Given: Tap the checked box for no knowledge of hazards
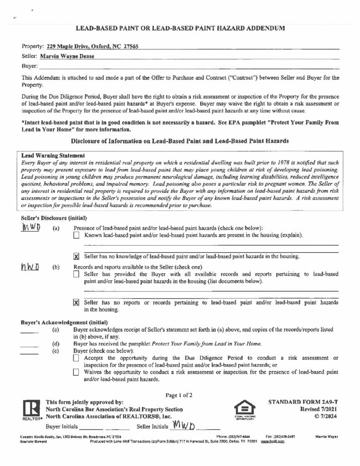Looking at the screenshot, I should click(x=76, y=257).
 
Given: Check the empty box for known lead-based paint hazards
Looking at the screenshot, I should click(x=76, y=235).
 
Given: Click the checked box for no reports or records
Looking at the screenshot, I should click(x=76, y=303).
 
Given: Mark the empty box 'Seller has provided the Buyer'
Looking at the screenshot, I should click(x=76, y=274).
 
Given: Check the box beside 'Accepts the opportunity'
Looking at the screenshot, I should click(x=76, y=358).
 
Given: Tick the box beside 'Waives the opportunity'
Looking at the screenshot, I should click(x=76, y=372).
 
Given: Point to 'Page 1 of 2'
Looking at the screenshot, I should click(x=179, y=395).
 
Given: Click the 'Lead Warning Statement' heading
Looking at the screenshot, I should click(x=53, y=156).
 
